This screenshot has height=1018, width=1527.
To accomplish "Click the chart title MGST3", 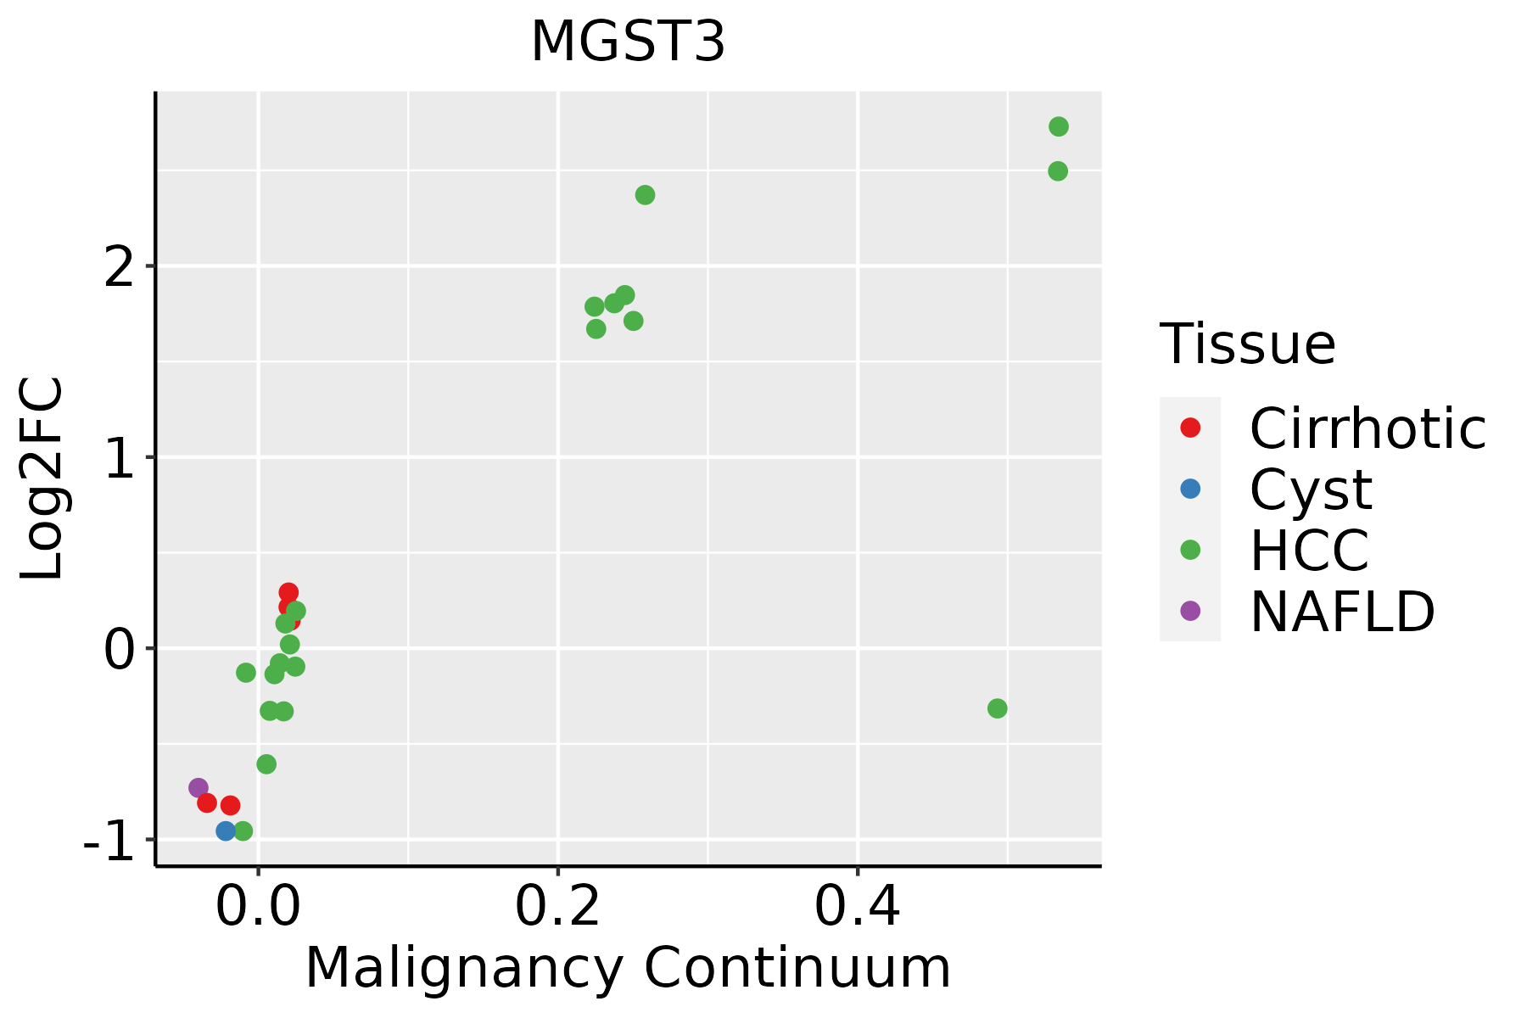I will click(628, 42).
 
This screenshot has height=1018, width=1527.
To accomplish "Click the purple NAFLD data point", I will click(199, 788).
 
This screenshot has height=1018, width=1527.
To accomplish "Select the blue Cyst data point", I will click(226, 831).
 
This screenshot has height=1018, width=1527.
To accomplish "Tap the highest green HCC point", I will click(1059, 126).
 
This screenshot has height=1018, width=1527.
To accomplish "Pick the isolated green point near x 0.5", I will click(998, 708).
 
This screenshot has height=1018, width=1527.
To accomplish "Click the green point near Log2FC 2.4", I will click(645, 195).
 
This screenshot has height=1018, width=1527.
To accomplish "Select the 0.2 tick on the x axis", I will click(558, 906).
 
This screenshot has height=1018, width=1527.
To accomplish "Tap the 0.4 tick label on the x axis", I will click(858, 906).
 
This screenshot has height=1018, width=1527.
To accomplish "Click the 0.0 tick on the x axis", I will click(259, 906).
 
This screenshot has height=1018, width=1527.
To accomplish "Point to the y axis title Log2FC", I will click(42, 479).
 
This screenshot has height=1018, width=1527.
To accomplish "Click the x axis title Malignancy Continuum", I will click(628, 968).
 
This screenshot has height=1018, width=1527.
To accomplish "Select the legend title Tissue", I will click(1247, 344).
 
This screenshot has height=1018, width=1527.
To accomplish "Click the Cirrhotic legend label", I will click(1368, 428).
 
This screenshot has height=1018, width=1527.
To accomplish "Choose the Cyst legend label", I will click(1311, 489).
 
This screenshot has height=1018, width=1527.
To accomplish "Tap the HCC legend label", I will click(1309, 550).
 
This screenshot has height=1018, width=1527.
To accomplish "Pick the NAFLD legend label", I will click(1342, 611).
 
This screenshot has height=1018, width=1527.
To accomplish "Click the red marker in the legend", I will click(1190, 428).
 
